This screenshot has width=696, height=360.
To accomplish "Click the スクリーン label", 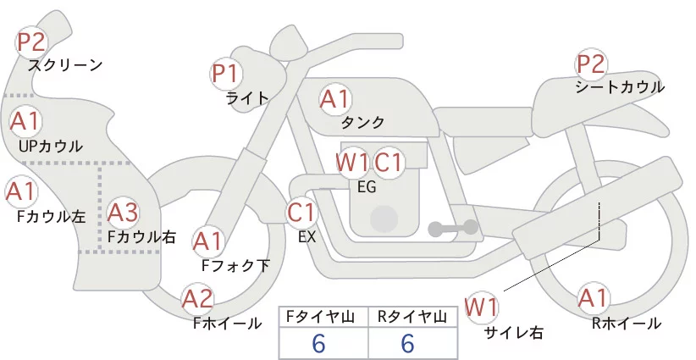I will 65,64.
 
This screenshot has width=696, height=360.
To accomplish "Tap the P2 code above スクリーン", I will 31,41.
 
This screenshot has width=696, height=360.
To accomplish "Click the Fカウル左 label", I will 51,216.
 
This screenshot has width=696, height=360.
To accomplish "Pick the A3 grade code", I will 124,212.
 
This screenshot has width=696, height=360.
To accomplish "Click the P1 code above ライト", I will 226,73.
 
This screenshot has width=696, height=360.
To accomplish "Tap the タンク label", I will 363,123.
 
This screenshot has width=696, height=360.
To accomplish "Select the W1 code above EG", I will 351,162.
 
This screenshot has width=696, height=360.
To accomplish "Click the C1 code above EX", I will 301,211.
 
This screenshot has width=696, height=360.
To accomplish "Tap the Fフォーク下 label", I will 235,265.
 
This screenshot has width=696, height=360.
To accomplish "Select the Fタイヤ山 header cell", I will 323,316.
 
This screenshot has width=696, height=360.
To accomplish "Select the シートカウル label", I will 619,87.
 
